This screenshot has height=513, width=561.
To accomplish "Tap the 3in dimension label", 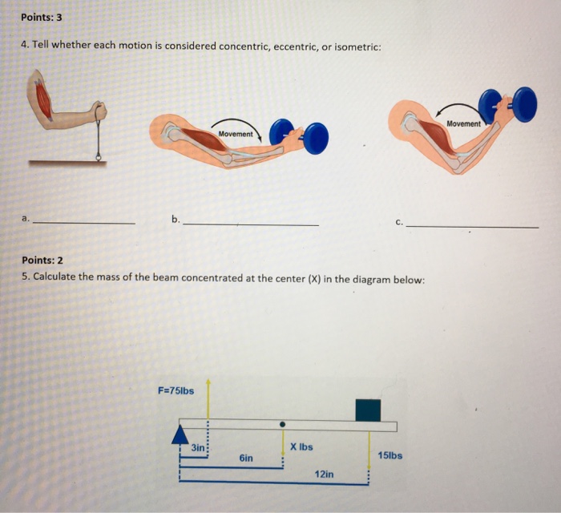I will point(197,447).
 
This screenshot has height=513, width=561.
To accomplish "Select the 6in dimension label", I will point(246,458).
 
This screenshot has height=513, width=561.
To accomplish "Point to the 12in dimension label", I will point(325,475).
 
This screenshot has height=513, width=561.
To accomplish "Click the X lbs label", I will point(301,446).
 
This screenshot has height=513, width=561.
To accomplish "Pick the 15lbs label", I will point(389,455).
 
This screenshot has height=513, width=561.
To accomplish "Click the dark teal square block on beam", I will point(368,409).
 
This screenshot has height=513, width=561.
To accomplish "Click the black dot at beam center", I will point(282,424).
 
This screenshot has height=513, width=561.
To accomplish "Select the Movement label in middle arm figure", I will point(234,134).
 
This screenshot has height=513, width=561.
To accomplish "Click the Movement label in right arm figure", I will point(464,123).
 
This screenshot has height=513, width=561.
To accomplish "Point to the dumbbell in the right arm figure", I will point(507,105).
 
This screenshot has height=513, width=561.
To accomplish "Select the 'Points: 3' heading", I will point(42,16).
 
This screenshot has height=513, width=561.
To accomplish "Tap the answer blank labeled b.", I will point(250,224).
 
